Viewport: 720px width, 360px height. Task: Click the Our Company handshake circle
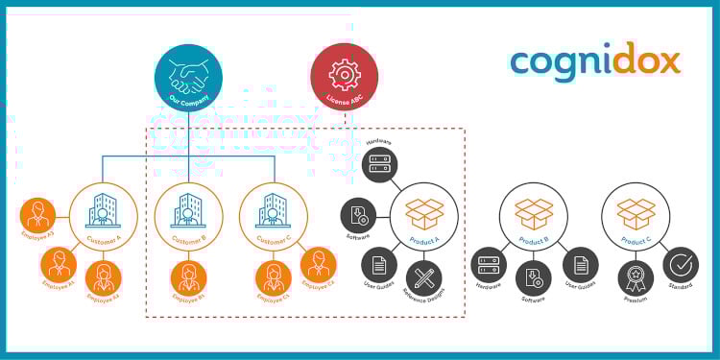pos(188,78)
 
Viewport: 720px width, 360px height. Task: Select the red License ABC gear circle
pos(345,77)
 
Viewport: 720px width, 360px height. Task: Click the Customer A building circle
pos(103,217)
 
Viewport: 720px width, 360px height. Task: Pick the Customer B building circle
pos(188,217)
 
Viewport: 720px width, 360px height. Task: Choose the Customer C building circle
pos(274,217)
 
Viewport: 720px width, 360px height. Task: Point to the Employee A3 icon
pos(38,215)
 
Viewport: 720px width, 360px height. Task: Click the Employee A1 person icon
pos(60,264)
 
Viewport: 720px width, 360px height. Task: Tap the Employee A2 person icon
pos(103,277)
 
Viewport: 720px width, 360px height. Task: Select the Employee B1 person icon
pos(188,278)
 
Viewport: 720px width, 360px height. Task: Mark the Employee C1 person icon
pos(273,278)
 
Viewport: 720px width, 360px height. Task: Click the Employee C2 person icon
pos(318,264)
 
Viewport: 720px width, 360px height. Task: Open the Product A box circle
pos(423,217)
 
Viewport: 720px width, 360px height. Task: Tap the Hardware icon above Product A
pos(380,165)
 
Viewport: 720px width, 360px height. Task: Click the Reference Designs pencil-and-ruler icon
pos(423,277)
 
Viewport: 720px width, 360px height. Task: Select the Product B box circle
pos(534,217)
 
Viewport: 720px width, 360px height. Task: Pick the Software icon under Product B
pos(534,278)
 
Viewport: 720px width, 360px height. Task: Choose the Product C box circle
pos(636,217)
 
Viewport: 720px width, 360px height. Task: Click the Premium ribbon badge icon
pos(636,278)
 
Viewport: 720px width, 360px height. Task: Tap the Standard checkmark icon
pos(680,264)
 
